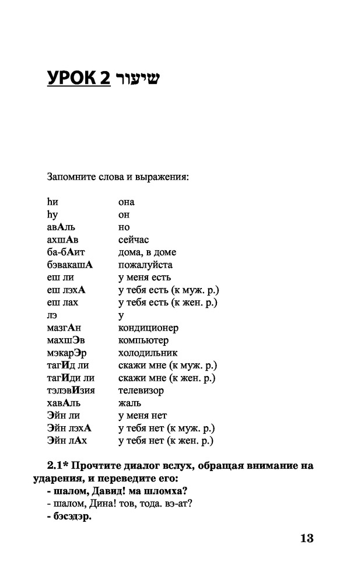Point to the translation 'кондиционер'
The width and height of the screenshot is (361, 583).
[148, 328]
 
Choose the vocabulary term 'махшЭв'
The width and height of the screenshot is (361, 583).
[62, 340]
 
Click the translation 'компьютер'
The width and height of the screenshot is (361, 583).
[143, 340]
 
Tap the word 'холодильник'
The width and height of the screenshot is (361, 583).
[148, 353]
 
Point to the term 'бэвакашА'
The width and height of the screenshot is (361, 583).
[70, 265]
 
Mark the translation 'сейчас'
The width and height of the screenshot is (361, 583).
[134, 240]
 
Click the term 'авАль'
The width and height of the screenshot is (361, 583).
[61, 227]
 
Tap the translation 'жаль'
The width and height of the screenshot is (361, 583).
[129, 403]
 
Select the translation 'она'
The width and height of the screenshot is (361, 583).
[126, 202]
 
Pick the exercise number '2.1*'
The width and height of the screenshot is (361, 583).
[58, 466]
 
